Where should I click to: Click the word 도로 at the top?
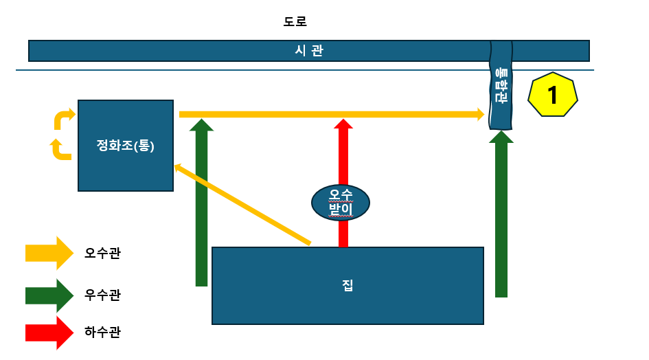[x=295, y=21]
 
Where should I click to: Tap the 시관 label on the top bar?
[x=308, y=50]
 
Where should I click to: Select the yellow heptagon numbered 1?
[x=552, y=95]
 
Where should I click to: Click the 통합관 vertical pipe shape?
[x=501, y=85]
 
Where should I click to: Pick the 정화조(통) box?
[x=125, y=146]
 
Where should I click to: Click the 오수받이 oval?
[x=341, y=202]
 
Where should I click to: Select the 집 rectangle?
[x=348, y=285]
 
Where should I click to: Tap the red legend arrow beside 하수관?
[x=49, y=333]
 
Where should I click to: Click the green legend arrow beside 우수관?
[x=49, y=295]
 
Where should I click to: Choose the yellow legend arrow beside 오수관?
[x=49, y=253]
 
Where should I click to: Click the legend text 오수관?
[x=102, y=253]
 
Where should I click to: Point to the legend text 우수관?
[x=102, y=295]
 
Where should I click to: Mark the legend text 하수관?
[x=102, y=333]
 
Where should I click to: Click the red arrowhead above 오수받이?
[x=343, y=124]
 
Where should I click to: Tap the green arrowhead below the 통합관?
[x=501, y=137]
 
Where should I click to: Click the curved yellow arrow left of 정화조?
[x=64, y=117]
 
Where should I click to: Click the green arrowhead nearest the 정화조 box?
[x=201, y=124]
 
